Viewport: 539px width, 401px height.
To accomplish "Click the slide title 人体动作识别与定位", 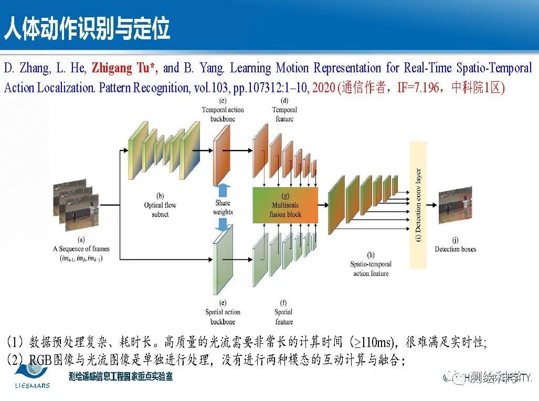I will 87,29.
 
